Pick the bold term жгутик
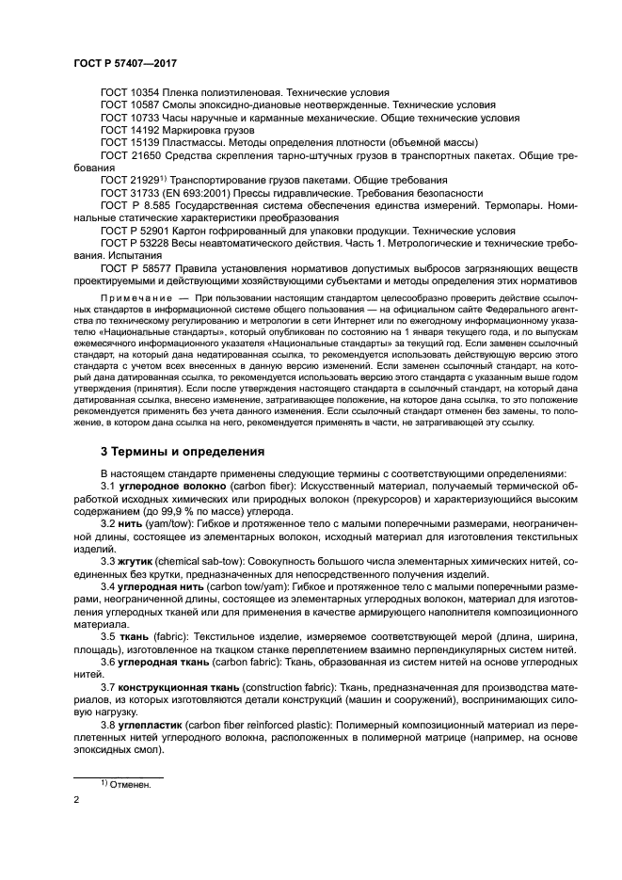[136, 559]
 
